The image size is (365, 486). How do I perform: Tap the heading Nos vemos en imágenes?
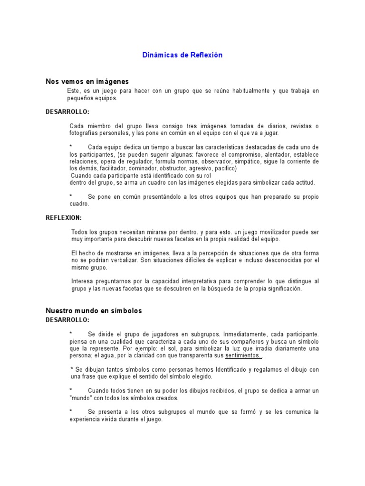click(87, 82)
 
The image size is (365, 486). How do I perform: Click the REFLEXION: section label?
click(64, 218)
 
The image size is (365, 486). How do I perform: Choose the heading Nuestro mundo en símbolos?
click(94, 311)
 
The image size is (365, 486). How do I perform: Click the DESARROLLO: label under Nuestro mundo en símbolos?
click(67, 320)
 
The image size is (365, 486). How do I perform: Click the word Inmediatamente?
click(230, 334)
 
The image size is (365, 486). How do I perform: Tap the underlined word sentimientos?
click(243, 355)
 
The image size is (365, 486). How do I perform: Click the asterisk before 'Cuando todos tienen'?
click(71, 390)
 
